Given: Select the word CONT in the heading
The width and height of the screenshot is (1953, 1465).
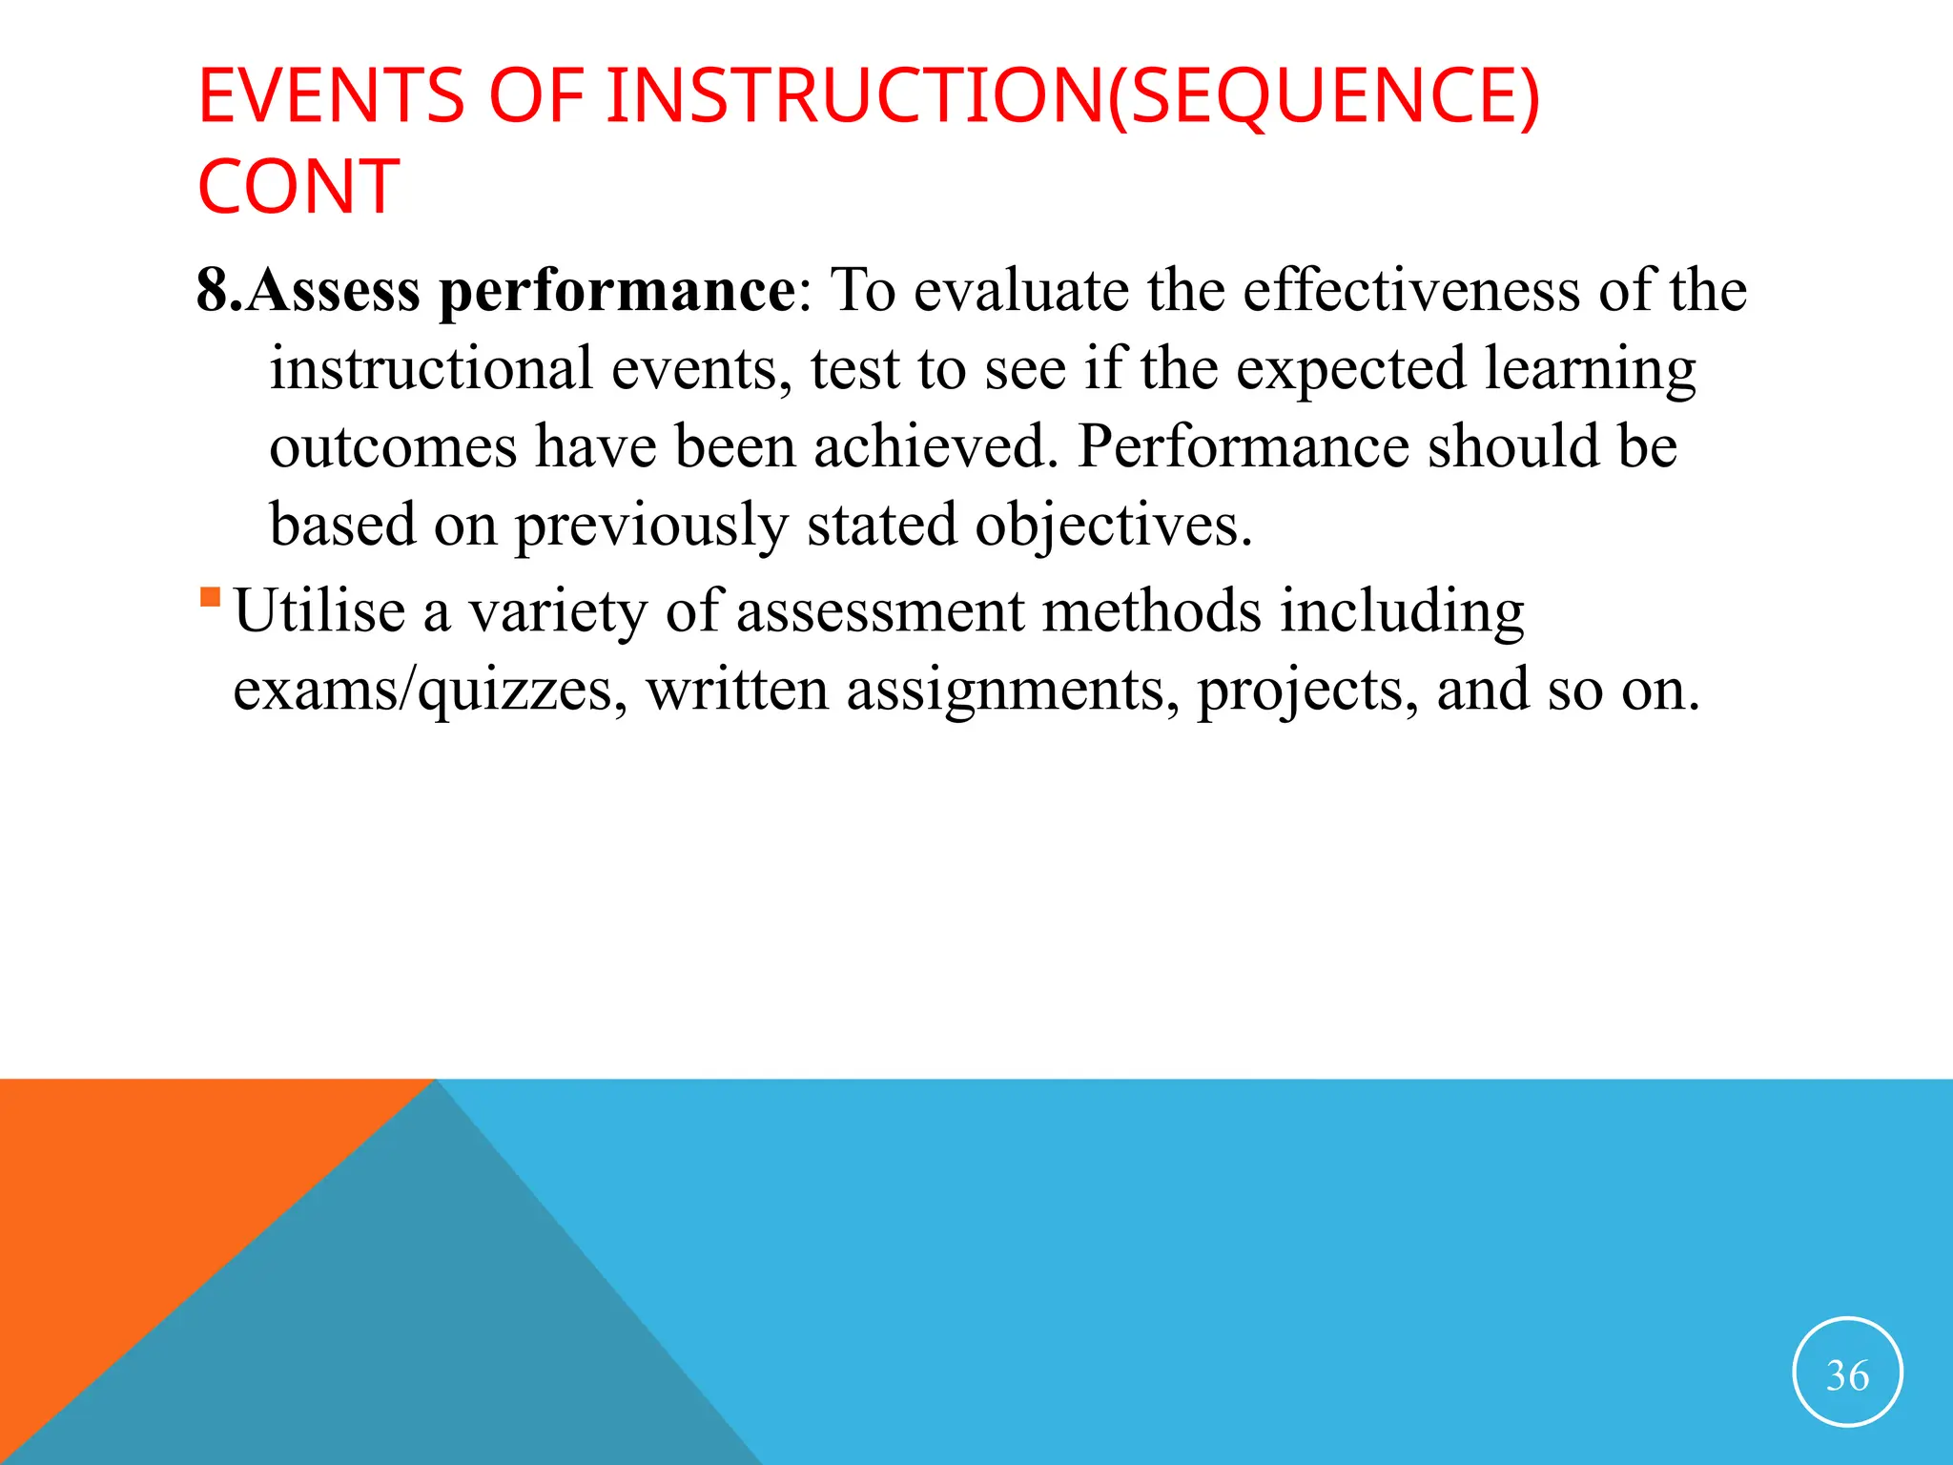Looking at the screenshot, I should (298, 187).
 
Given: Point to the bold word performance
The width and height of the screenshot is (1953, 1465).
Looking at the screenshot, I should (616, 292).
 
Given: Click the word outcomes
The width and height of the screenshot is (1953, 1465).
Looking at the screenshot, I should (393, 446).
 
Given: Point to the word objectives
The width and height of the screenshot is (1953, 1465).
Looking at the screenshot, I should (1113, 526).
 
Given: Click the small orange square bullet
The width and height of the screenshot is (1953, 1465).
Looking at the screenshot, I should (211, 598).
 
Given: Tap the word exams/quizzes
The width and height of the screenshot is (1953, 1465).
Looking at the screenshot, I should (429, 691).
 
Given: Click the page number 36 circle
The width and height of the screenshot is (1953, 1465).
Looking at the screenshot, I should (1847, 1372).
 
